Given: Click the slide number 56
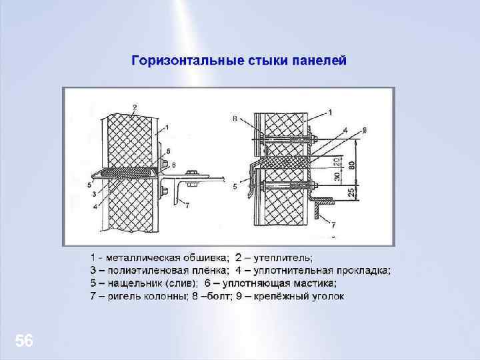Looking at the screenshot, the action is click(x=24, y=341).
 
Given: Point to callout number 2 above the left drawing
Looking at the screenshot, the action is click(x=135, y=107).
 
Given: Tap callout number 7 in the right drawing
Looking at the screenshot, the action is click(x=333, y=225).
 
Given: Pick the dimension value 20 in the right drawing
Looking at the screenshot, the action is click(x=339, y=161).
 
